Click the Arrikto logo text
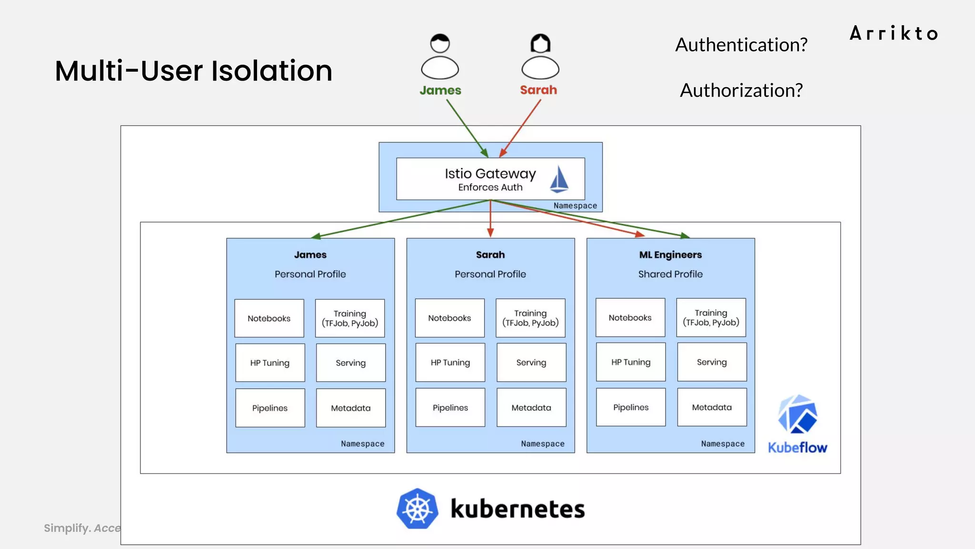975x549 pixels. click(894, 33)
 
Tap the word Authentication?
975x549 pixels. click(741, 45)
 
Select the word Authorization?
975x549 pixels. click(741, 90)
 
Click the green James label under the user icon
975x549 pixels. click(440, 90)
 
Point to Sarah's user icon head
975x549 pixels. click(540, 43)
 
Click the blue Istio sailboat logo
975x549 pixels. click(559, 179)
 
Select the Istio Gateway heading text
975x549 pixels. click(490, 174)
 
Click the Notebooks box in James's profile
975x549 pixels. click(269, 318)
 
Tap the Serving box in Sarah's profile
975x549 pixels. click(531, 363)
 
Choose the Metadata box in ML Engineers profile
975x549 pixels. click(712, 407)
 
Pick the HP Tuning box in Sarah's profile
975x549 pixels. click(450, 363)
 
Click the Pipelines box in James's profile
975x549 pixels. click(270, 408)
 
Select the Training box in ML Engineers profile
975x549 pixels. click(711, 317)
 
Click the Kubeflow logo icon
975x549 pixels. click(797, 414)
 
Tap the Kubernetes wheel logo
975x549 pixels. click(418, 508)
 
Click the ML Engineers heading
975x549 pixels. click(670, 254)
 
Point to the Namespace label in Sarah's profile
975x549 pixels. click(543, 444)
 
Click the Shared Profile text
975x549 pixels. click(670, 274)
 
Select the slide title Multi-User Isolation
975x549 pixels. click(193, 71)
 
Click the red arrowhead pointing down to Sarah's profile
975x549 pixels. click(490, 233)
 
